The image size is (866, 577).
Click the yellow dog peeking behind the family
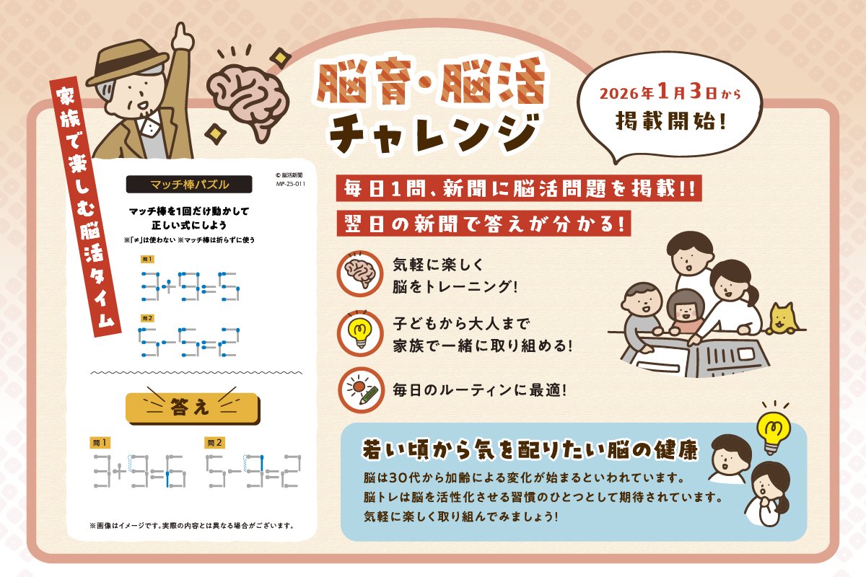(x=781, y=319)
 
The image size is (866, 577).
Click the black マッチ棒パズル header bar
(x=188, y=184)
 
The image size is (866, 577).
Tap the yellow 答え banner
(x=191, y=408)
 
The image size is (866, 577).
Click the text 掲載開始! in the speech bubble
(x=670, y=120)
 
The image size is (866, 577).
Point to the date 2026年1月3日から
(x=670, y=94)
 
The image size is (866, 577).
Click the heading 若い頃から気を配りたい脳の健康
(x=529, y=451)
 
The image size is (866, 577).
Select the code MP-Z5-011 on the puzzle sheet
(x=290, y=184)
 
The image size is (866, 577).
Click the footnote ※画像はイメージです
(x=191, y=525)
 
